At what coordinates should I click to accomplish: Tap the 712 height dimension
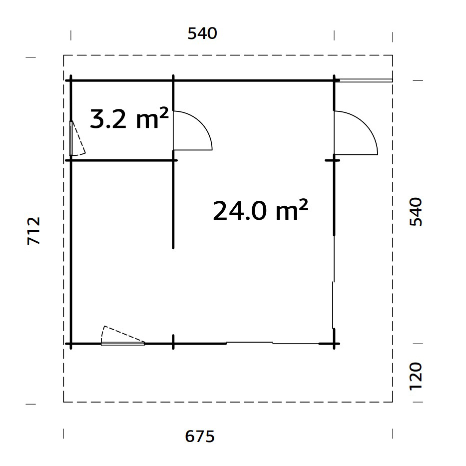33,230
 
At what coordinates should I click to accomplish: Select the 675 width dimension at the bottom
200,436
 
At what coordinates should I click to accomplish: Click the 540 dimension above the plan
202,34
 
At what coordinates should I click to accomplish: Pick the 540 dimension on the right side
416,212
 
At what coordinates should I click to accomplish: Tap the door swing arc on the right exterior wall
369,127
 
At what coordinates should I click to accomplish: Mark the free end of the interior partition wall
173,247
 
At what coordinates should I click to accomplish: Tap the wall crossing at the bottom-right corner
333,344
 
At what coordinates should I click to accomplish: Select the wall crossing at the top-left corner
71,80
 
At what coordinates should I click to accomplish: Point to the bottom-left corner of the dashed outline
64,402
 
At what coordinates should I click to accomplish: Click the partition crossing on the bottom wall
173,344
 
